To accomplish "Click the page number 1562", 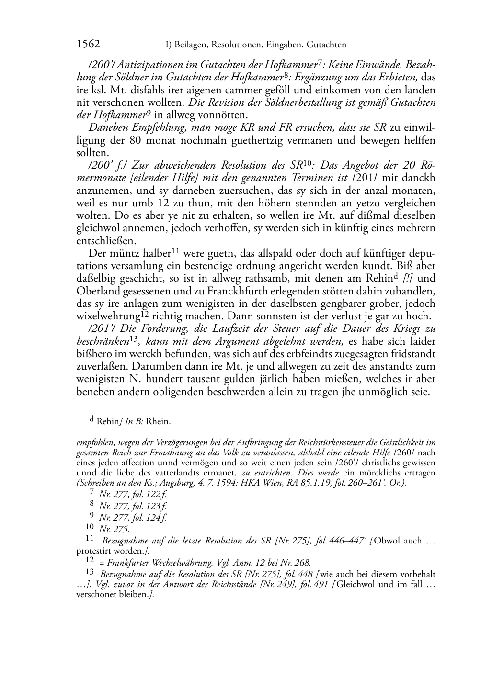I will coord(88,45).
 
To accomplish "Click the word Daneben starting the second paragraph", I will coord(106,127).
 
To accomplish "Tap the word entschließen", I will coord(103,240).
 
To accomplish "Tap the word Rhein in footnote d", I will coord(158,422).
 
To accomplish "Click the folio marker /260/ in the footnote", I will coord(413,453).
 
